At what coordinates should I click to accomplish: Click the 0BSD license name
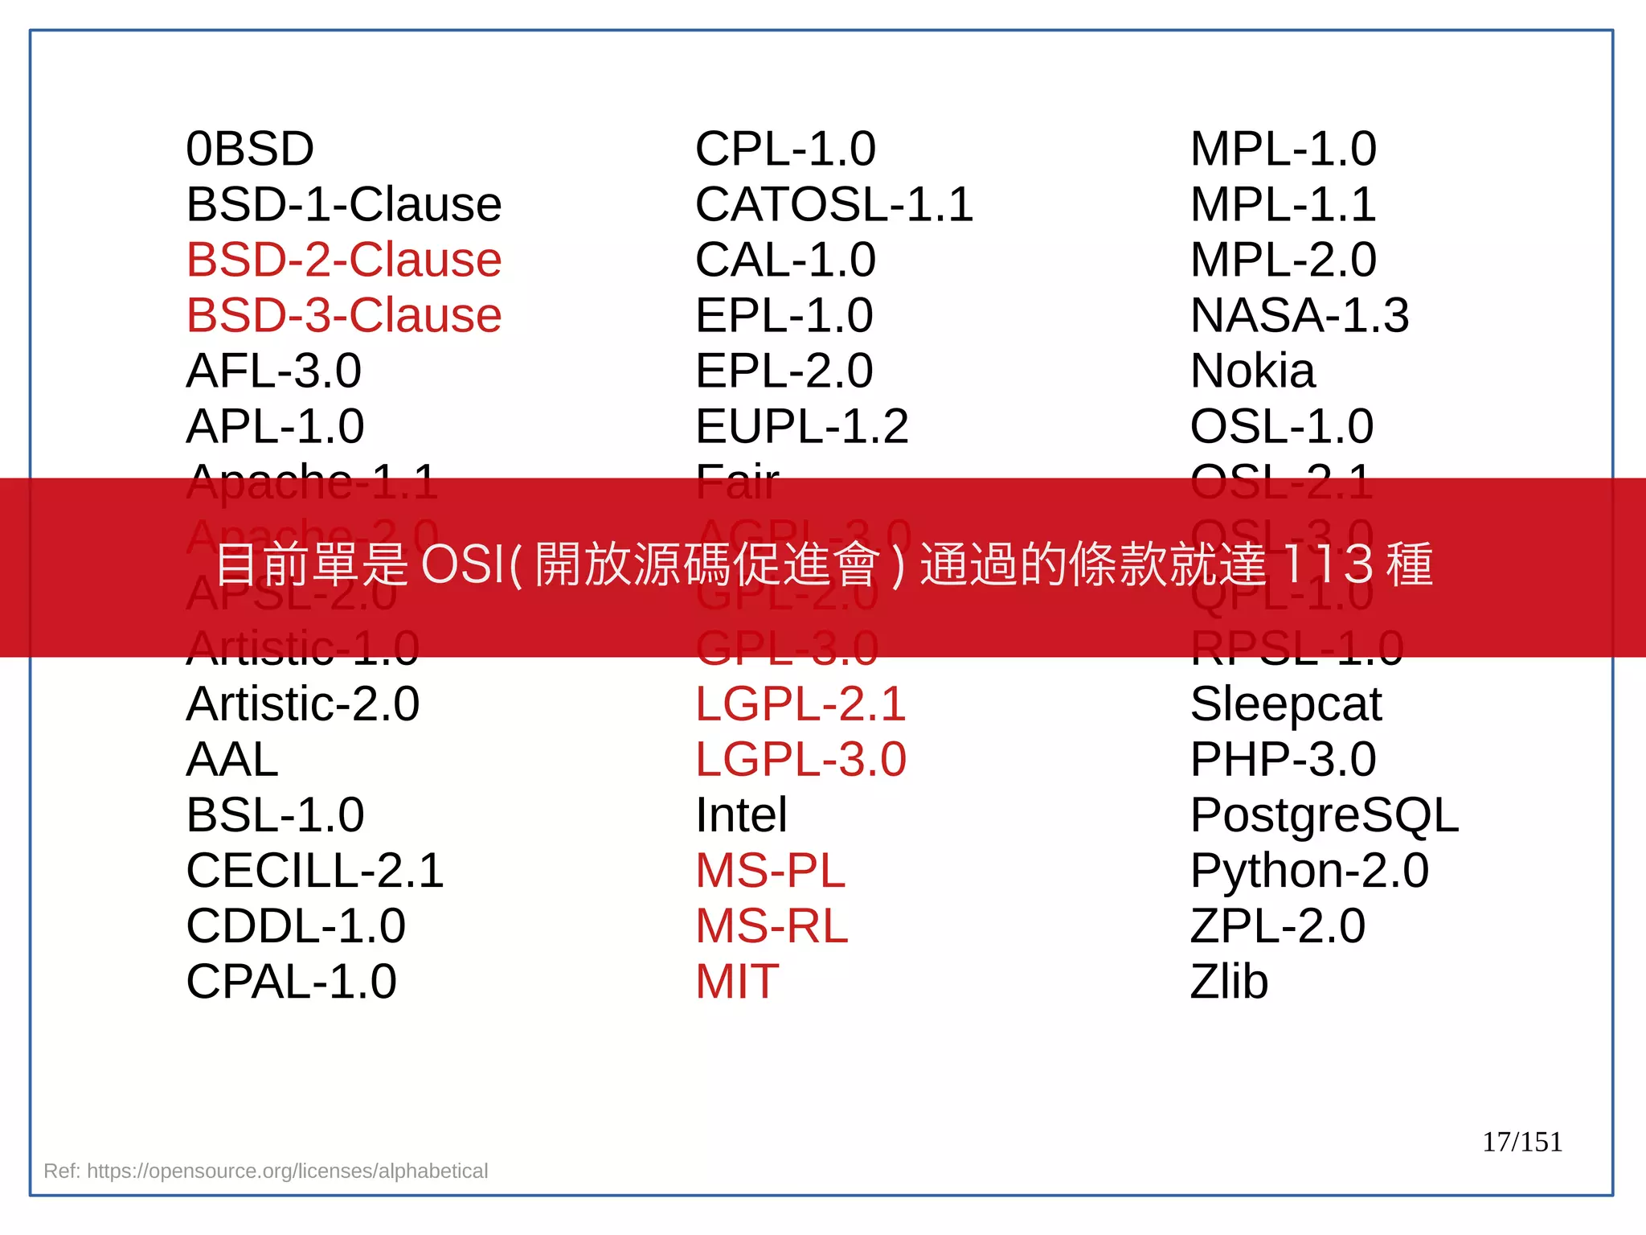249,150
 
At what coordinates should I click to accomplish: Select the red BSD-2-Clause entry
343,261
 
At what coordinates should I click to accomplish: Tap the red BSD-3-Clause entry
343,316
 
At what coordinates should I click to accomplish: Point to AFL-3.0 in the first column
273,371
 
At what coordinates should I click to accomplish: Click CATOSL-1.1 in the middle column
833,205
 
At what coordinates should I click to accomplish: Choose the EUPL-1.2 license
801,427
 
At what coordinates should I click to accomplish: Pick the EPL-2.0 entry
784,371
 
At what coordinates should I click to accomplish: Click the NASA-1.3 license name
1299,316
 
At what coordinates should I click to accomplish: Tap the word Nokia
1252,371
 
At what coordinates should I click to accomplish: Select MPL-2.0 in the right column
1283,261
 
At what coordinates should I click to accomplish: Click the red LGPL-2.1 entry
800,704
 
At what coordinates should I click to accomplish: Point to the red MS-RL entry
771,926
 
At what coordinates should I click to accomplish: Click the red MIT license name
736,982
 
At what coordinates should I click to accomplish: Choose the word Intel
740,815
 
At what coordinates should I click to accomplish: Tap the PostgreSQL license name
1324,815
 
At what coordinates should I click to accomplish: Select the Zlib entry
1228,982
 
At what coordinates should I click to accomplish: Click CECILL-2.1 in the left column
314,871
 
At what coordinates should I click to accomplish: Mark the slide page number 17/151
1521,1142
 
